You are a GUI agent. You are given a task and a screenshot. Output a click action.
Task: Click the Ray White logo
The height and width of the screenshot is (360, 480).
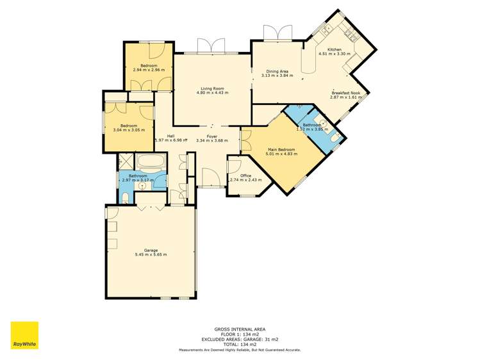(x=24, y=336)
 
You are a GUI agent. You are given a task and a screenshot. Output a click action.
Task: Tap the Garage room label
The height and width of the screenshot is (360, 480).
(x=151, y=250)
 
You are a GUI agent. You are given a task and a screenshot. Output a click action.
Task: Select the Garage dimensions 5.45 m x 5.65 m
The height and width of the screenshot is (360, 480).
(x=151, y=255)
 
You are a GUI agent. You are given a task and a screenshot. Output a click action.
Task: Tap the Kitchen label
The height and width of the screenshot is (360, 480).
(x=335, y=49)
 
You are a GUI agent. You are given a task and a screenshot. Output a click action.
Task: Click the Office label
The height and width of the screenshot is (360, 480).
(x=245, y=175)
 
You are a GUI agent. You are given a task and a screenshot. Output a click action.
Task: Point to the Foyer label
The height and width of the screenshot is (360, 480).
(x=212, y=136)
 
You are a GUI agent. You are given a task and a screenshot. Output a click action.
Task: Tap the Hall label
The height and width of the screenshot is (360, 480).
(x=171, y=136)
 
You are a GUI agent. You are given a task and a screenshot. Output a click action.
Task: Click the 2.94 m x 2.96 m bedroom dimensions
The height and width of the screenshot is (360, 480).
(x=149, y=70)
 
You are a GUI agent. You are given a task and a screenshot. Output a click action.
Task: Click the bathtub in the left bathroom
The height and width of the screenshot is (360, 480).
(x=152, y=161)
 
